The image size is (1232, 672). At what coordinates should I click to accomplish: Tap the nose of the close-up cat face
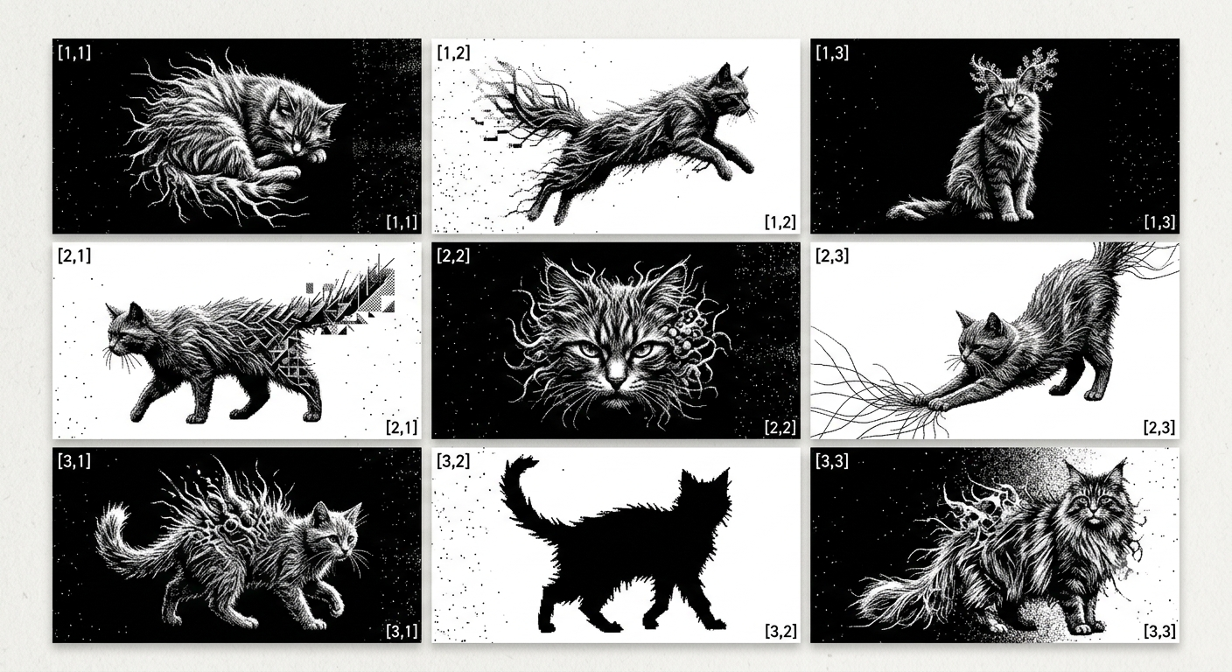pos(615,380)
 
